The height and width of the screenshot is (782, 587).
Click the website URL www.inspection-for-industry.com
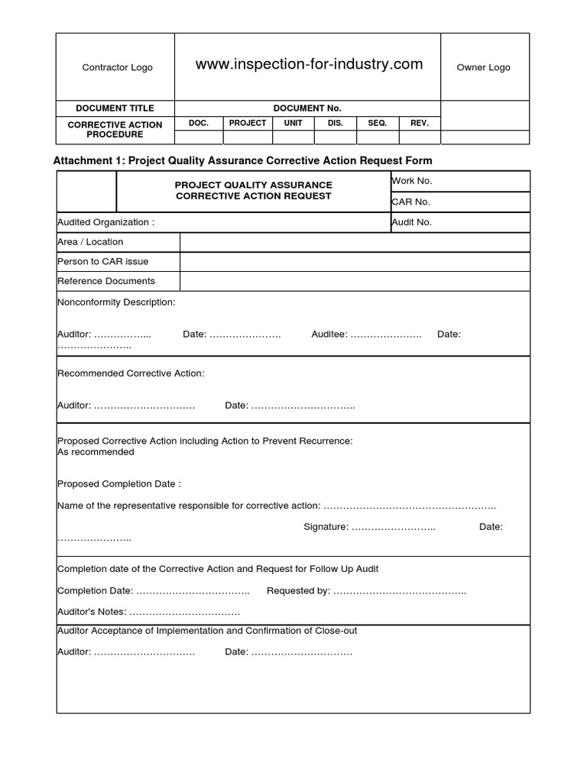309,65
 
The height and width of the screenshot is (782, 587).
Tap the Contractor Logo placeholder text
117,67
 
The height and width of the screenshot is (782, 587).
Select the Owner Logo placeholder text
483,67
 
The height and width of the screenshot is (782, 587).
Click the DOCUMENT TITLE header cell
115,108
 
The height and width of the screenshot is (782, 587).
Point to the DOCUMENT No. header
308,108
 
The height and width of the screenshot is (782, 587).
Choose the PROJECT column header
248,123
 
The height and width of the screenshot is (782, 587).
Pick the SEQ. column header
378,123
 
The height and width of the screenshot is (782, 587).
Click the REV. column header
420,123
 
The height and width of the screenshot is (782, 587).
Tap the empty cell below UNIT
293,137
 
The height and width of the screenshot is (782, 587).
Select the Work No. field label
412,181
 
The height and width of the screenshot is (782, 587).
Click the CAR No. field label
411,202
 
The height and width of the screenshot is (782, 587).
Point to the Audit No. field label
412,222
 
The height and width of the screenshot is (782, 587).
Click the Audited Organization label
106,222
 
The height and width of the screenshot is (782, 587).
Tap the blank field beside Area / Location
355,242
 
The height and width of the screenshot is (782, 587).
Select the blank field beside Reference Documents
355,281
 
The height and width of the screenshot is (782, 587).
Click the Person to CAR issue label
103,261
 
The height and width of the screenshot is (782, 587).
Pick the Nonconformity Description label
116,302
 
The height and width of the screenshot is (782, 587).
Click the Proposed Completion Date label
119,484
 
